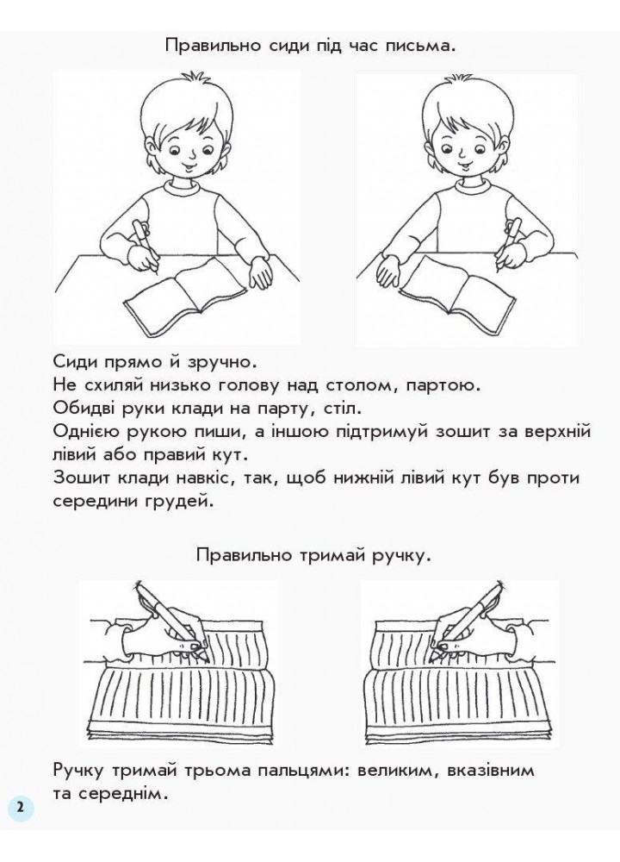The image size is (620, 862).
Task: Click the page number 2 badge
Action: [x=20, y=809]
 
